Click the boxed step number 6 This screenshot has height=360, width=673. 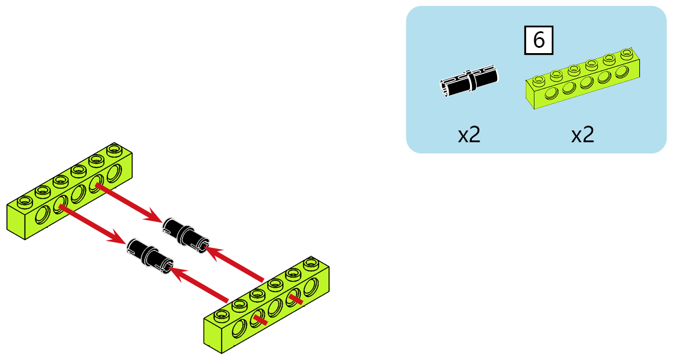pos(539,40)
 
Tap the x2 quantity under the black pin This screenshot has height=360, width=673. pos(469,135)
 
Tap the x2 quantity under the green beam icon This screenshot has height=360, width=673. pos(582,135)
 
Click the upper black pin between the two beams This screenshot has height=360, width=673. pos(185,235)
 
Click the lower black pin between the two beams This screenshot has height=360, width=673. pos(150,255)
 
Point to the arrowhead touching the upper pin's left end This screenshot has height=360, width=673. pos(154,215)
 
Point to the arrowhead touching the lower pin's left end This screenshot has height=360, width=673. pos(118,237)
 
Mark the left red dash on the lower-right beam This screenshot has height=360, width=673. pos(260,319)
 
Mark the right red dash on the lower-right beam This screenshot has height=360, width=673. pos(296,299)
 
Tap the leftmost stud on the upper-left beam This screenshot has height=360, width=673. pos(25,200)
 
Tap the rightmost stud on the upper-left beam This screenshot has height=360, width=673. pos(114,149)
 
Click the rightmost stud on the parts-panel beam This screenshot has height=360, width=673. pos(627,54)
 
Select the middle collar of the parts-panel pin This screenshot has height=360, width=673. pos(472,81)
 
